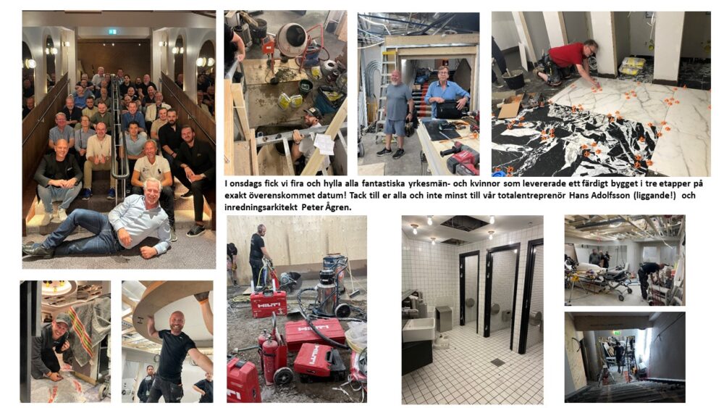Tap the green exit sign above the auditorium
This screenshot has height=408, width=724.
112,31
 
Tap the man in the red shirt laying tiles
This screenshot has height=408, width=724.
567,62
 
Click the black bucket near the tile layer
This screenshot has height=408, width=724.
513,80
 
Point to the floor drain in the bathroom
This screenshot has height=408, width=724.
497,362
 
